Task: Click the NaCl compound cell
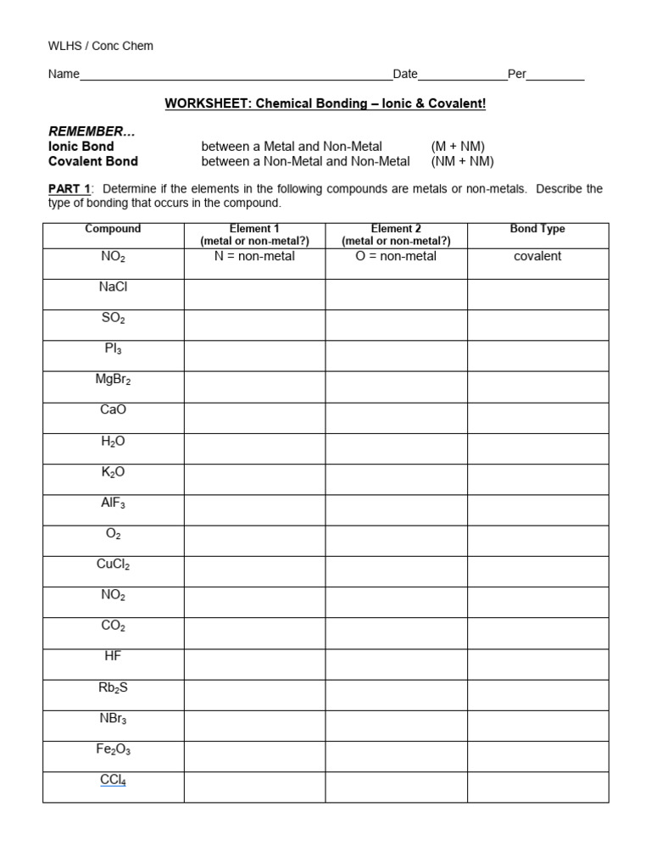pos(113,287)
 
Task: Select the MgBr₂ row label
pos(113,380)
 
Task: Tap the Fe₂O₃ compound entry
pos(113,749)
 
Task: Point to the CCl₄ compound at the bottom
pos(113,780)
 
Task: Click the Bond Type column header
pos(537,229)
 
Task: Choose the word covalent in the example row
pos(537,256)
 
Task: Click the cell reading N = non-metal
pos(254,256)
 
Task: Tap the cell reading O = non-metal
pos(396,256)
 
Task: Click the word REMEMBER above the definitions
pos(91,131)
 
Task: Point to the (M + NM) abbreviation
pos(458,147)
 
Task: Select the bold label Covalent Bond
pos(93,161)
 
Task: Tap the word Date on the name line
pos(405,75)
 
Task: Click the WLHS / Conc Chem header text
pos(101,46)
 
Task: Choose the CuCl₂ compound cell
pos(113,565)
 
